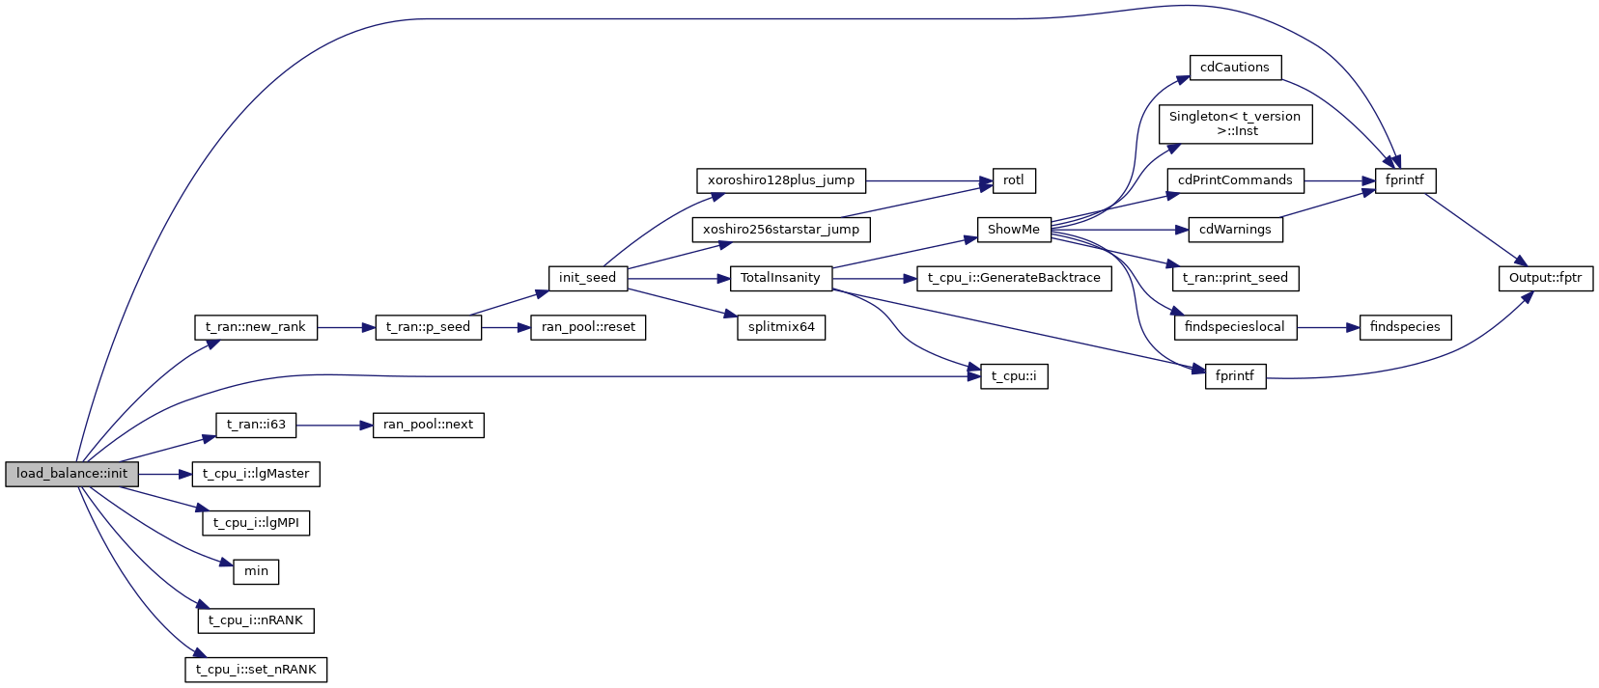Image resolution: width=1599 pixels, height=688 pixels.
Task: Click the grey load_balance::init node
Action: point(71,474)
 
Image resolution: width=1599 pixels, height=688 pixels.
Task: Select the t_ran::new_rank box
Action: point(255,327)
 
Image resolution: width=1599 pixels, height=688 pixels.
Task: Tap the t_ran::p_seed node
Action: point(428,327)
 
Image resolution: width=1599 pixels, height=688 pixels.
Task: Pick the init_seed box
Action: point(587,278)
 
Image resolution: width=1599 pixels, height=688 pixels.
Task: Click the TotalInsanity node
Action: point(780,278)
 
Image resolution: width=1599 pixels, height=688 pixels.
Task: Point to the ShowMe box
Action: point(1013,230)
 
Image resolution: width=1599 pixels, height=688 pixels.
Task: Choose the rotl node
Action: point(1014,180)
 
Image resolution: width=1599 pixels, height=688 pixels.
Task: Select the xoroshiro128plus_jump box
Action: point(780,180)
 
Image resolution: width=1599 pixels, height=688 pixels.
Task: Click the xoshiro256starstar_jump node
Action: point(780,230)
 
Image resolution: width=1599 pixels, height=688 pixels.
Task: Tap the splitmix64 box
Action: point(781,327)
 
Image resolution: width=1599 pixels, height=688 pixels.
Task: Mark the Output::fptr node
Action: point(1545,278)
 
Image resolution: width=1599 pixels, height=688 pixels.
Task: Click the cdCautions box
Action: point(1234,68)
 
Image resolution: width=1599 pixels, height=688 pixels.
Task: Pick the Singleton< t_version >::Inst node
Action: point(1235,124)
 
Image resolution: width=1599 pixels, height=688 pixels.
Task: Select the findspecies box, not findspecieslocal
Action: point(1405,327)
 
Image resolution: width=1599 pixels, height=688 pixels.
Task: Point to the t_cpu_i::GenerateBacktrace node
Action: point(1014,278)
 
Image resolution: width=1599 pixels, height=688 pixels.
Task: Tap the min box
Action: point(256,571)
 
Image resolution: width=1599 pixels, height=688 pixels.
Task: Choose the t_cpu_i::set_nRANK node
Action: point(256,670)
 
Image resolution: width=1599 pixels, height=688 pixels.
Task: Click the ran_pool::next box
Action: point(428,425)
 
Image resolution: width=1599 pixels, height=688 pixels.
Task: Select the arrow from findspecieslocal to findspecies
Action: point(1328,327)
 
